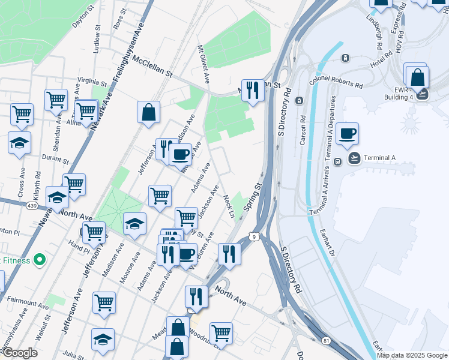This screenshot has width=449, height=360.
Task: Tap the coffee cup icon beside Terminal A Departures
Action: click(347, 133)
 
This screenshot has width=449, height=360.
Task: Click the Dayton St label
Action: click(83, 14)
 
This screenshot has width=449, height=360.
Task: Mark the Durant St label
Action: click(56, 158)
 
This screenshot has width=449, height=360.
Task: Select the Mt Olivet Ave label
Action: click(204, 63)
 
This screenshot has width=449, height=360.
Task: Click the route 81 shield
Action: click(326, 341)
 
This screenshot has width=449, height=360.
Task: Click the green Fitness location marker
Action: click(40, 260)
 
